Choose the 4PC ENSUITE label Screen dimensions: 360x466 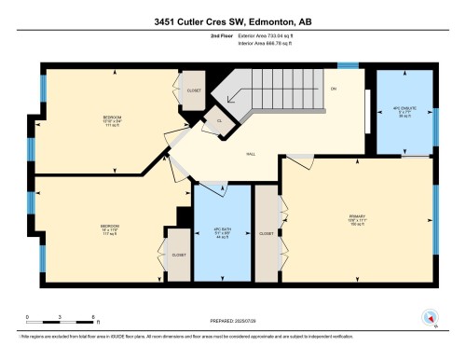pyautogui.click(x=404, y=109)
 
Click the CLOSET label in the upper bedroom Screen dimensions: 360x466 pyautogui.click(x=194, y=90)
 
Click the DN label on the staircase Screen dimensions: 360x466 pyautogui.click(x=333, y=90)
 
